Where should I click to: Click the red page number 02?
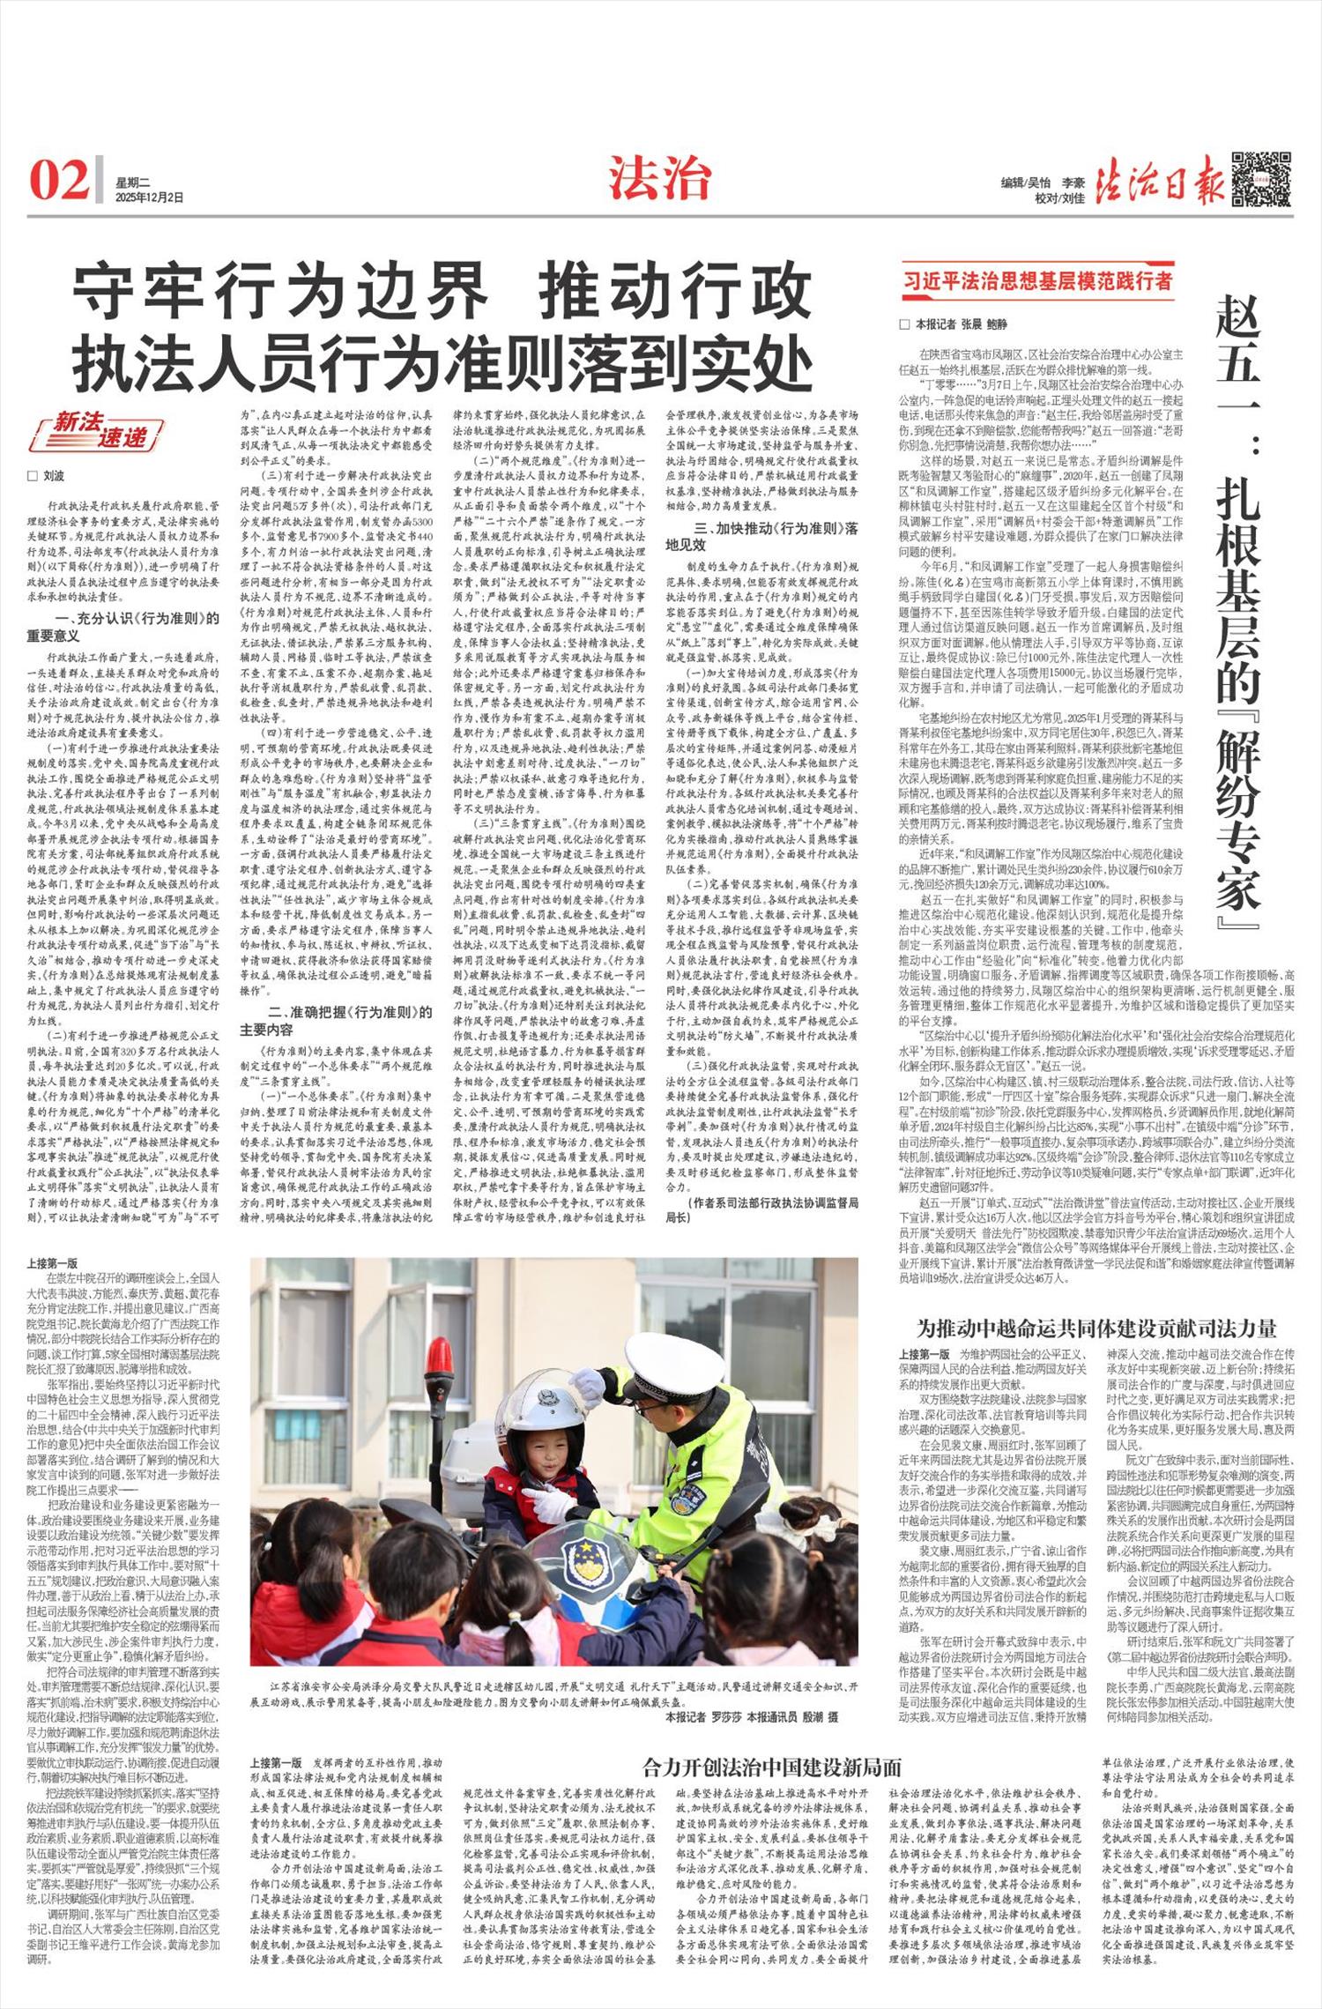(x=59, y=181)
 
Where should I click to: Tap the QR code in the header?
(x=1260, y=180)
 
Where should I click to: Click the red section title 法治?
(x=658, y=179)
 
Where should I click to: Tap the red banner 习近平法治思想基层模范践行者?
(x=1037, y=280)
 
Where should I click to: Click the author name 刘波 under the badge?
(x=53, y=476)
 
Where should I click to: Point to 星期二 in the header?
(x=132, y=182)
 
